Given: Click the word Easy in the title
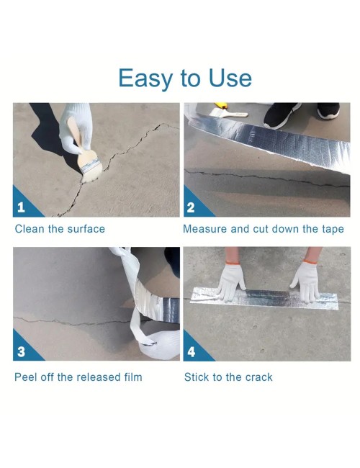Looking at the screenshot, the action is click(x=145, y=78).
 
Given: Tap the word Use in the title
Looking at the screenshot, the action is click(x=230, y=78).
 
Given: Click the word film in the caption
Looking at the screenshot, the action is click(x=133, y=377).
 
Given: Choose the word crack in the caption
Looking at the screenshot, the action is click(x=258, y=377).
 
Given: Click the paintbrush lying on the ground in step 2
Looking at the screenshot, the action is click(x=229, y=112).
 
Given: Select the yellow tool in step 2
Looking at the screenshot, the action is click(x=221, y=105).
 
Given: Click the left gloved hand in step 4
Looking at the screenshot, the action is click(x=231, y=282).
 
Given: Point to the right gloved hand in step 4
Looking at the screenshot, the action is click(x=307, y=282).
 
